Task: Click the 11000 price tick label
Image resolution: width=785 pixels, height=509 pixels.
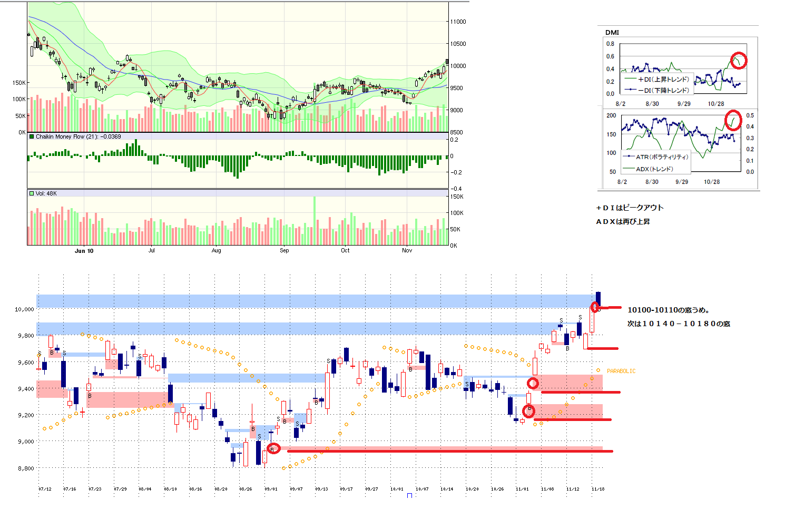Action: click(458, 22)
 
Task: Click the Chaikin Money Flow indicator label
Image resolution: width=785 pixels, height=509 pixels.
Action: click(78, 137)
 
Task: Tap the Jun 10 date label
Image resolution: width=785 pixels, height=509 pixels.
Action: click(84, 251)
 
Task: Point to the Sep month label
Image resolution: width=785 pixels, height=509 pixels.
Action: click(284, 251)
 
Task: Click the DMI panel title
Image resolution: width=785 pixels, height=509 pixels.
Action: click(612, 33)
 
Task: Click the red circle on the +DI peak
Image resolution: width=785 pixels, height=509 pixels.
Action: click(739, 61)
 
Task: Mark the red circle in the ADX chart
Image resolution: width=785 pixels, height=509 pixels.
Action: click(733, 120)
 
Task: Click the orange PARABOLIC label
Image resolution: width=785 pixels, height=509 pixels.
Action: click(621, 371)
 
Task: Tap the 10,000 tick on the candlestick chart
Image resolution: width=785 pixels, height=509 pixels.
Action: click(24, 309)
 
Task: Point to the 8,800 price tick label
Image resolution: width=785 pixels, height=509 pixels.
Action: click(26, 468)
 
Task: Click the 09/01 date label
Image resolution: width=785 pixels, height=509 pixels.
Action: click(271, 489)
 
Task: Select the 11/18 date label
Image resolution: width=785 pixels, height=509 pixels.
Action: click(598, 489)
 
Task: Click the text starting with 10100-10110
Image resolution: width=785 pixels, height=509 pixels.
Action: click(668, 310)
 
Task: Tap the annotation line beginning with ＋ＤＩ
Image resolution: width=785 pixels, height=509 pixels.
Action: click(630, 208)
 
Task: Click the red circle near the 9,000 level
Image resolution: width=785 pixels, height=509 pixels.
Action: click(273, 449)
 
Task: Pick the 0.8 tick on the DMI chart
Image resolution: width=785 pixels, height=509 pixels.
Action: click(610, 44)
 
